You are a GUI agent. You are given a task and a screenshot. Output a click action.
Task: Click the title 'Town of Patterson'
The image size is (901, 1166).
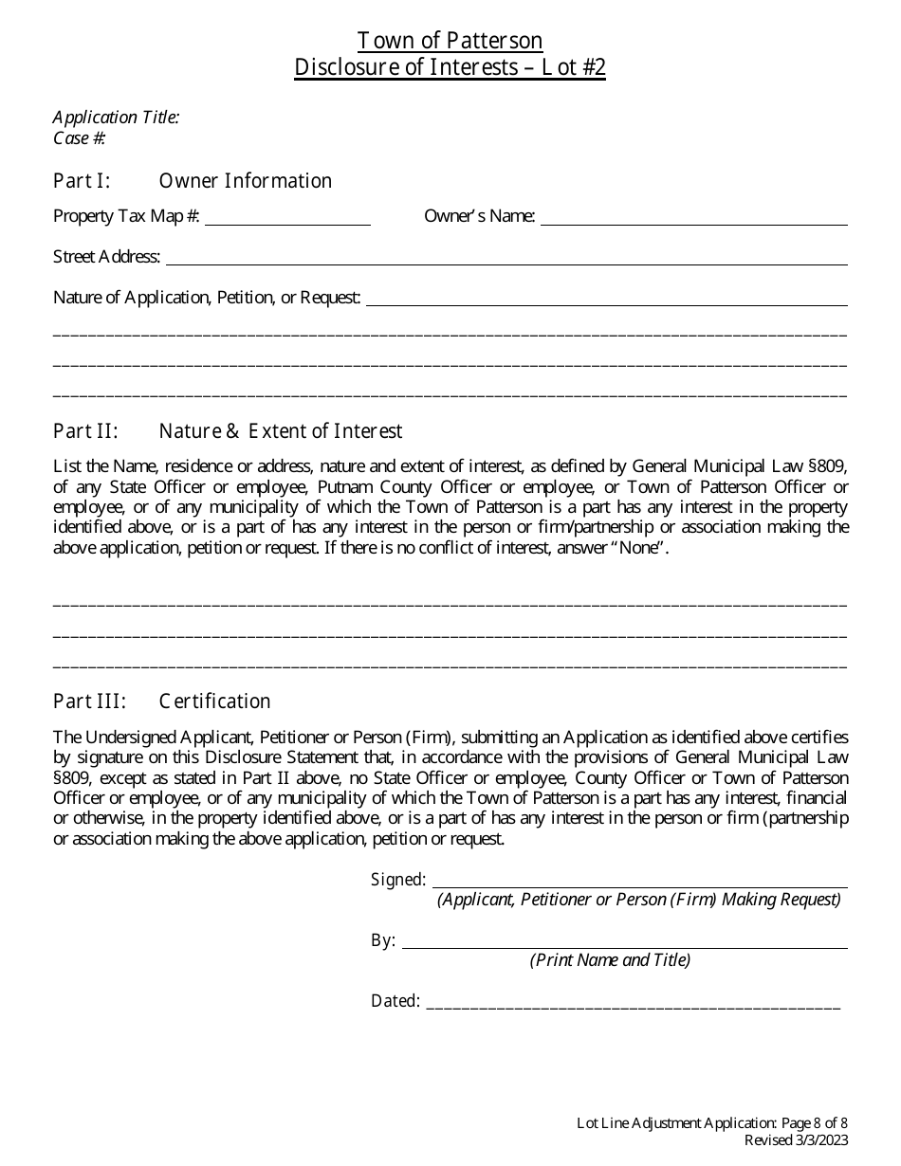point(450,41)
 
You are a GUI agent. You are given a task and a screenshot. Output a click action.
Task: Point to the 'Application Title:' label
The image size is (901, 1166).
point(116,118)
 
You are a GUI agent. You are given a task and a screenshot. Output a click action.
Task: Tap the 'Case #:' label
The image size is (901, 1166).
point(80,138)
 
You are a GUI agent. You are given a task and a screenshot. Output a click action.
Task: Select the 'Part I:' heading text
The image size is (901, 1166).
point(82,181)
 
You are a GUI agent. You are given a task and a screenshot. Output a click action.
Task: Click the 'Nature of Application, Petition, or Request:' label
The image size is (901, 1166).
point(207,298)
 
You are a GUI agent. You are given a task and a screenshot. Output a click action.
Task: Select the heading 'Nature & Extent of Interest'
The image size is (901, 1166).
point(281,431)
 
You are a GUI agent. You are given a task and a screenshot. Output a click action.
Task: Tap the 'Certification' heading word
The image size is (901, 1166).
point(214,701)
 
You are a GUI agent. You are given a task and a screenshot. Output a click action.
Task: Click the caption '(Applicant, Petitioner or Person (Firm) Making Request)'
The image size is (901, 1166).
point(639,900)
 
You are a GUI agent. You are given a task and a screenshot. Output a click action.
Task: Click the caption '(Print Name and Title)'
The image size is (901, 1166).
point(610,960)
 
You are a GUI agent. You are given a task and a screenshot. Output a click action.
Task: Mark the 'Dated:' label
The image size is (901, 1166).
point(395,1001)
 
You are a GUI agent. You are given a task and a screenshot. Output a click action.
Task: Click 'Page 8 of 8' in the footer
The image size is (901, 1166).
point(814,1123)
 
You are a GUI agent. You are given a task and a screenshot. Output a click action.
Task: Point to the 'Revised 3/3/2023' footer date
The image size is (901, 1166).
point(796,1140)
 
